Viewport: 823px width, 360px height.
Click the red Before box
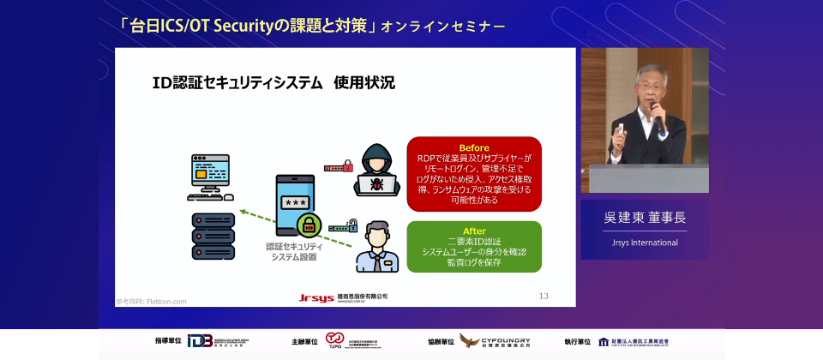pyautogui.click(x=474, y=173)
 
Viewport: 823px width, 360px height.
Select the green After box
pyautogui.click(x=474, y=247)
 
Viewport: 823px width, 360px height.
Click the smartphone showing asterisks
pyautogui.click(x=296, y=204)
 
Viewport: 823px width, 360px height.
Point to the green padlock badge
pyautogui.click(x=309, y=225)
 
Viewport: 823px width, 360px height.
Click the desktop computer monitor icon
pyautogui.click(x=209, y=176)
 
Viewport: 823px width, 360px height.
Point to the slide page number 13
pyautogui.click(x=544, y=296)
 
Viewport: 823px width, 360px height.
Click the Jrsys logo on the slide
pyautogui.click(x=316, y=297)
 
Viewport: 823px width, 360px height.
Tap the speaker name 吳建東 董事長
pyautogui.click(x=645, y=218)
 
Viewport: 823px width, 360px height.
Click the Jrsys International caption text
pyautogui.click(x=645, y=243)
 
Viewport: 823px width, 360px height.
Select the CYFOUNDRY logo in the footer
pyautogui.click(x=495, y=342)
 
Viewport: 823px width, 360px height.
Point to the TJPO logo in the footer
pyautogui.click(x=334, y=341)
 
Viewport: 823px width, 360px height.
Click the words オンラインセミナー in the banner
pyautogui.click(x=443, y=27)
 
